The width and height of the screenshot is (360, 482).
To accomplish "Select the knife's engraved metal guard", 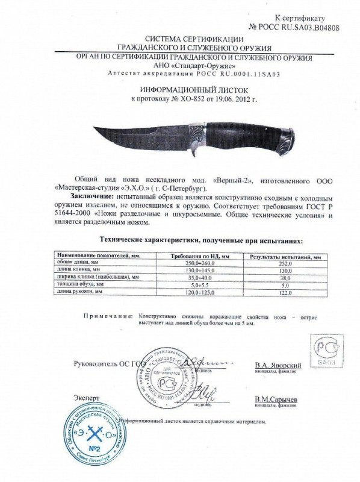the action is point(196,135).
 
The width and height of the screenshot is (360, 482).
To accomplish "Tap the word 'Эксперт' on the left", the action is point(87,398).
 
